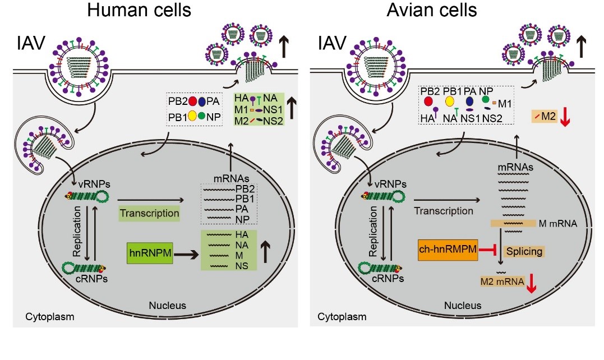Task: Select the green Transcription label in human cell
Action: point(149,213)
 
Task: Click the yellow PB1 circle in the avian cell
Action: point(449,101)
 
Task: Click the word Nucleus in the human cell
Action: point(167,306)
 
